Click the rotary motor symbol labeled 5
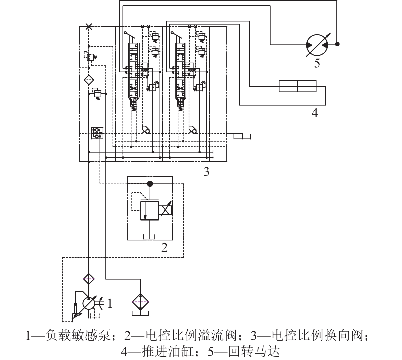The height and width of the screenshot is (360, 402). point(317,44)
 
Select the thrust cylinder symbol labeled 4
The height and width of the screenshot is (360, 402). point(297,86)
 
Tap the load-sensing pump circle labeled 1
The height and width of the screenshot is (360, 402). point(88,304)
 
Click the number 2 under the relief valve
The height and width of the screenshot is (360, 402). point(164,247)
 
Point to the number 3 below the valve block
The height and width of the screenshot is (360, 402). point(206,172)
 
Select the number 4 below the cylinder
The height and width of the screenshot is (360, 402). point(315,112)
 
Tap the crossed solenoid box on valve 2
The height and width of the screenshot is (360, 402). point(165,210)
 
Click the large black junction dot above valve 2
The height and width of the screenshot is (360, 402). point(150,183)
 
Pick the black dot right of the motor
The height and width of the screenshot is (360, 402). point(337,44)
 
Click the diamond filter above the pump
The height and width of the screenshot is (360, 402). point(89,279)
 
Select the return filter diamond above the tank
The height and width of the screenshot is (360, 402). point(140,302)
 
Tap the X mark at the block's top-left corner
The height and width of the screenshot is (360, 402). point(89,26)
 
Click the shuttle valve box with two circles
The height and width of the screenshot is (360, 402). point(97,133)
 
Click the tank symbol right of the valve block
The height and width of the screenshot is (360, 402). point(242,136)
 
